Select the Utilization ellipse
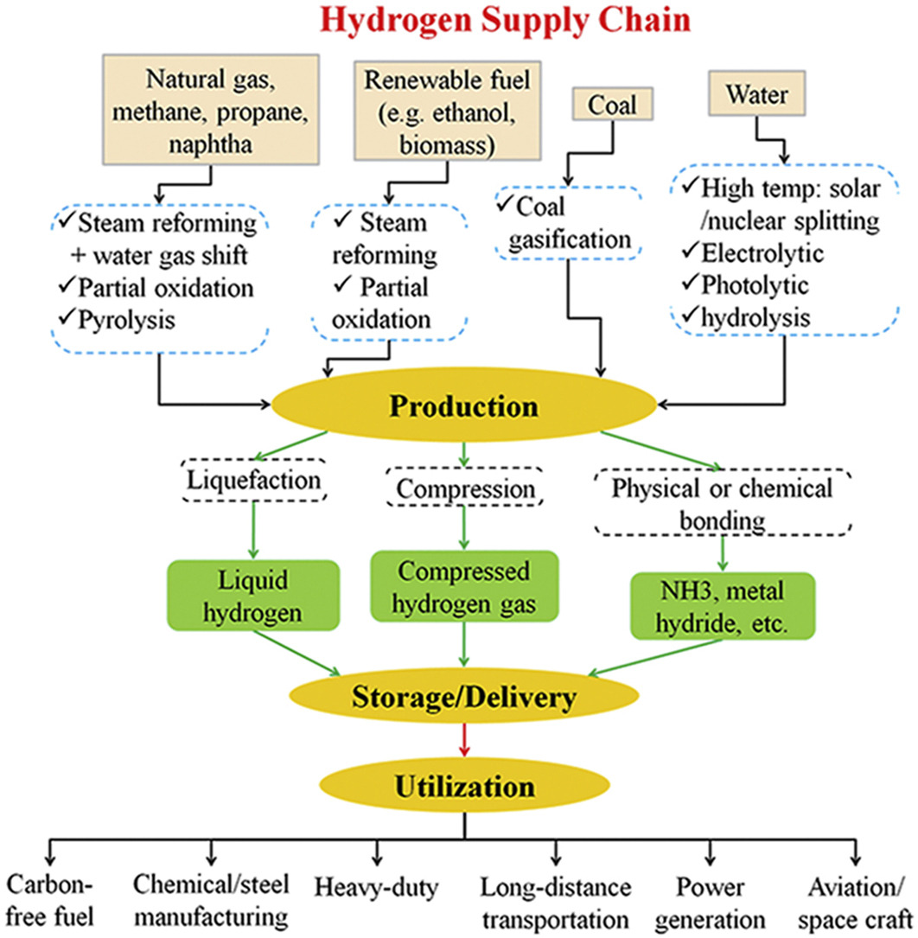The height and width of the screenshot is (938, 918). pyautogui.click(x=464, y=787)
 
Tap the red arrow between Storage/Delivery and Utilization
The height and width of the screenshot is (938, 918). pyautogui.click(x=466, y=740)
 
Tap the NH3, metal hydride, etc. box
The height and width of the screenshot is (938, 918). pyautogui.click(x=723, y=605)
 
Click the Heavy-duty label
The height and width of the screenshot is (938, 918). pyautogui.click(x=378, y=888)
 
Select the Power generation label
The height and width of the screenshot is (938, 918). pyautogui.click(x=709, y=903)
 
